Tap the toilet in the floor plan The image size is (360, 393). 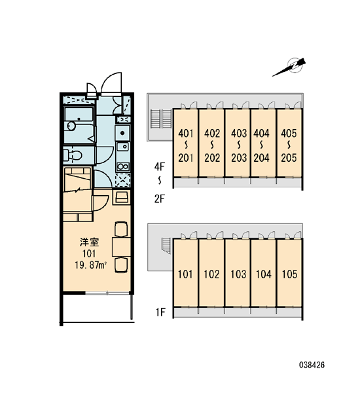(73, 155)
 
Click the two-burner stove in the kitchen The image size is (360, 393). (123, 166)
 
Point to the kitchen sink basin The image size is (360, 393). (123, 146)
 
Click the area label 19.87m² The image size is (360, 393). (91, 265)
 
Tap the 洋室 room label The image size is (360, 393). (90, 242)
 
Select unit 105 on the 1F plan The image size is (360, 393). (289, 274)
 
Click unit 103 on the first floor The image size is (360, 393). (238, 274)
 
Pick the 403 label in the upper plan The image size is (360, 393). (239, 134)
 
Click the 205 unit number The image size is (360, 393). (289, 158)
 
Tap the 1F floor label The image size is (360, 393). (160, 312)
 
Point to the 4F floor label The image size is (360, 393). (160, 166)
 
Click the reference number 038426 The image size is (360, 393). (312, 365)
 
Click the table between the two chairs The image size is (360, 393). (121, 247)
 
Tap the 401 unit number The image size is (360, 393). (186, 134)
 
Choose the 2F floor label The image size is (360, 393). (160, 199)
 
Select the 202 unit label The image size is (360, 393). (212, 158)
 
